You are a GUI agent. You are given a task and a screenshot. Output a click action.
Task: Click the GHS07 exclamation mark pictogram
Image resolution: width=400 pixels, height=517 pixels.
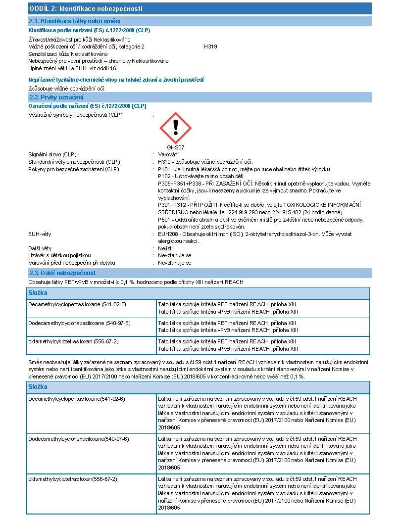175,128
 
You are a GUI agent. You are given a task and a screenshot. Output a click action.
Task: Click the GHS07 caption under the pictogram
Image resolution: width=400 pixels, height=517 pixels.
175,147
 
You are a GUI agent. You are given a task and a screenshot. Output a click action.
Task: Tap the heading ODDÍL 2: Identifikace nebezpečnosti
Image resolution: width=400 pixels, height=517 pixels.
86,8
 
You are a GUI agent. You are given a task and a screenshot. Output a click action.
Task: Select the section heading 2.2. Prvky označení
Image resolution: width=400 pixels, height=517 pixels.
56,97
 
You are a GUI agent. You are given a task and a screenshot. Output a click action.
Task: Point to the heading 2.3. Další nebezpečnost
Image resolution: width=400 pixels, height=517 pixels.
62,273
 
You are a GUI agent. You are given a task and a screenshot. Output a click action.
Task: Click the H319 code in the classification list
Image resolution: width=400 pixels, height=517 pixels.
210,47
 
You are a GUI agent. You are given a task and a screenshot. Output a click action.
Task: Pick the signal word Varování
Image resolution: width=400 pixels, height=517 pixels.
168,155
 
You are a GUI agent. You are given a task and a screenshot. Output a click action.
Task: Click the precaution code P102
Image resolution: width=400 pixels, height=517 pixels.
165,176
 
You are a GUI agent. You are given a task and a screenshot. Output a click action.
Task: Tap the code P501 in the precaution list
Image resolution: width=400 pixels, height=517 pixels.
165,220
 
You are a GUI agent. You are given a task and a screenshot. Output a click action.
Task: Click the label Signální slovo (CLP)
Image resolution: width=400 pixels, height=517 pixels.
52,155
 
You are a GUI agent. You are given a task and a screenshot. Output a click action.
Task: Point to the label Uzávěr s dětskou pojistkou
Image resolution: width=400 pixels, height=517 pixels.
59,256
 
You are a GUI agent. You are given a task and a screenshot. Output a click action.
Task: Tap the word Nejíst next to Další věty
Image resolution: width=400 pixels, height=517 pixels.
165,248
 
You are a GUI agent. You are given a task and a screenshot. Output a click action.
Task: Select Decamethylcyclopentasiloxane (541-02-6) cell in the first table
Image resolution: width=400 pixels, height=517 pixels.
77,304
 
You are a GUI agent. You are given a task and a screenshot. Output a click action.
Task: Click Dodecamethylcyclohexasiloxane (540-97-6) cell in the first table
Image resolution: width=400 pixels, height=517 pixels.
79,323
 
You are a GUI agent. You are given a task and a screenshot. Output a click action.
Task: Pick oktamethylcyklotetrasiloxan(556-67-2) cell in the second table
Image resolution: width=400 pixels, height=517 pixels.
73,479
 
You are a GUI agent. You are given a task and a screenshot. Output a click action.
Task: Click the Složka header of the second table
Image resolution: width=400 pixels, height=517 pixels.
38,387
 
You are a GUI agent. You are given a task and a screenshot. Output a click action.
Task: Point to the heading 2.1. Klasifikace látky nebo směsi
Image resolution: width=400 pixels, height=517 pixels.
74,21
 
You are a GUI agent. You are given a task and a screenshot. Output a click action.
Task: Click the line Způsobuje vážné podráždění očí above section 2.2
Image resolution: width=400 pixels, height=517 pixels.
67,89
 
